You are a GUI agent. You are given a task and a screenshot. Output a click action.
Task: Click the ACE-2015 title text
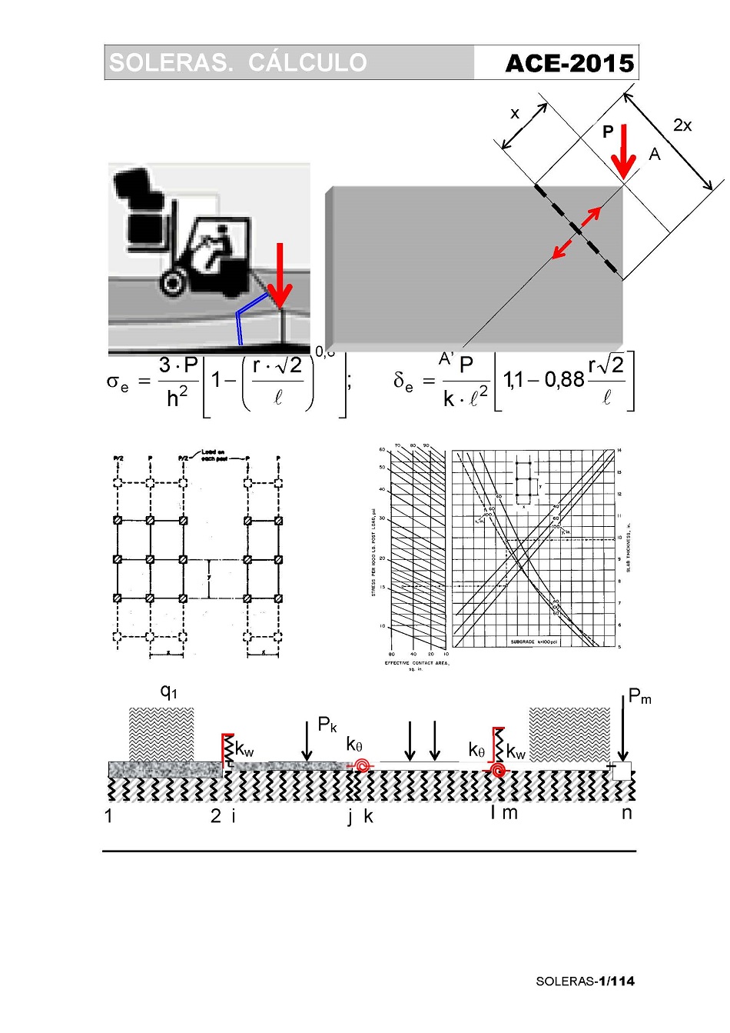tap(569, 64)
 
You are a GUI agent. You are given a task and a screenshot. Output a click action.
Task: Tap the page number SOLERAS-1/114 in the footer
tap(585, 981)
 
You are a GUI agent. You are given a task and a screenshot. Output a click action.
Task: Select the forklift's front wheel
tap(173, 282)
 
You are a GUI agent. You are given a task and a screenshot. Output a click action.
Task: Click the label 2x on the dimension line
tap(682, 125)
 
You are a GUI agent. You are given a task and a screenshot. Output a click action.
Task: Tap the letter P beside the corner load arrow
tap(608, 132)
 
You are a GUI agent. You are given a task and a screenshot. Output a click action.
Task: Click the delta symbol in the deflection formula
tap(403, 381)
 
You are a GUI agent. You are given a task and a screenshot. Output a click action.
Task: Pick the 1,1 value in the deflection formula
tap(513, 379)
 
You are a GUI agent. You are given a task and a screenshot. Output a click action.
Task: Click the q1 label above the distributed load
tap(168, 691)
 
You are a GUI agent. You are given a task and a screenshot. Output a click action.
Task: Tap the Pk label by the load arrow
tap(327, 725)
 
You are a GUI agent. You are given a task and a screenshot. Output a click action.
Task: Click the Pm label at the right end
tap(639, 697)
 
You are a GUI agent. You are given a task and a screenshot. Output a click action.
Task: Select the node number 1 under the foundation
tap(108, 816)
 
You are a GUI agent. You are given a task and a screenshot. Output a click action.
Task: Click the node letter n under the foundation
tap(627, 813)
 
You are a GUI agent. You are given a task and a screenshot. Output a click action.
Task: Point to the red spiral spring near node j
tap(360, 765)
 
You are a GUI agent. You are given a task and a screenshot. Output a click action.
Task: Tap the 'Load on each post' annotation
tap(213, 455)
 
